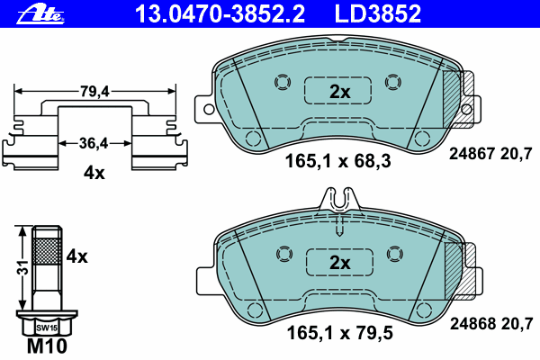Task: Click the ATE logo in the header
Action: pos(40,14)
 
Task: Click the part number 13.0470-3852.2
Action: pos(220,13)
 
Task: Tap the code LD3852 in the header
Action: pos(378,13)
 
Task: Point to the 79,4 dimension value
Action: pos(94,92)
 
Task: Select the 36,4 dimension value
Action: pos(94,143)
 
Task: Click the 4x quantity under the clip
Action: pos(94,173)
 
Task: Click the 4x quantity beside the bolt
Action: pos(76,256)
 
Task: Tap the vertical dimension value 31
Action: pos(23,267)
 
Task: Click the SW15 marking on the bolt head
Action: pos(47,328)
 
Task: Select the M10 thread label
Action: pos(47,346)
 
